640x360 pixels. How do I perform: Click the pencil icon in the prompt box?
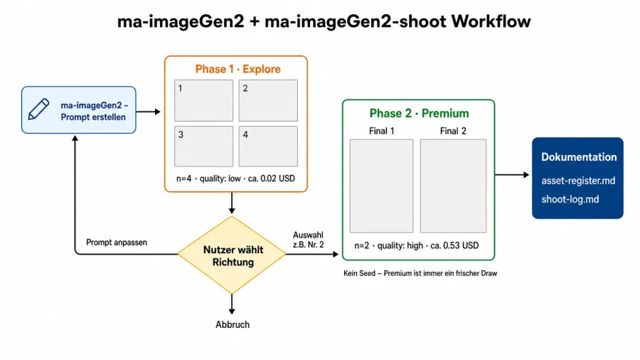tap(39, 110)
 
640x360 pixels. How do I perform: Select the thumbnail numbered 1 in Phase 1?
tap(203, 100)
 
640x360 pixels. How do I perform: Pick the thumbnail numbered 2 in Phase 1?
tap(268, 100)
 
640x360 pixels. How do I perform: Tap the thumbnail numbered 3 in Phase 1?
tap(203, 146)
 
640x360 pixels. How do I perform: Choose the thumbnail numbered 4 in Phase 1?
tap(268, 146)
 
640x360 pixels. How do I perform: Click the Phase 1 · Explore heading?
tap(238, 69)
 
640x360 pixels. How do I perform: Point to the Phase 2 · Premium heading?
tap(419, 113)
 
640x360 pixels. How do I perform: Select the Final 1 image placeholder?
tap(381, 186)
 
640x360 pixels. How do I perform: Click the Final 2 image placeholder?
tap(453, 186)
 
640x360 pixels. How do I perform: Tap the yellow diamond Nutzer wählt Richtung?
tap(232, 255)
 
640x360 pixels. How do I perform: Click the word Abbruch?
tap(233, 324)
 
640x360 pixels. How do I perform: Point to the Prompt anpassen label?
tap(117, 243)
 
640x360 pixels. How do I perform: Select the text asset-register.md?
tap(578, 181)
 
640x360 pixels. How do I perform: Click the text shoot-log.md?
tap(570, 199)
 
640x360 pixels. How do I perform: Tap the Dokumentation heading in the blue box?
tap(579, 157)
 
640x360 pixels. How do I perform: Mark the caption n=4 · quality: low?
tap(208, 179)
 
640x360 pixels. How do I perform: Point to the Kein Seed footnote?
tap(420, 273)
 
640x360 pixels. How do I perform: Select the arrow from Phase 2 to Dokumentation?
tap(512, 175)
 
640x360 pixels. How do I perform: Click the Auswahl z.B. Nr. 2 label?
tap(308, 240)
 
